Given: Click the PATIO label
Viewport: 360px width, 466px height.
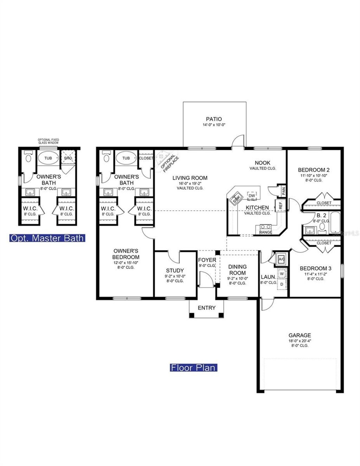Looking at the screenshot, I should point(214,119).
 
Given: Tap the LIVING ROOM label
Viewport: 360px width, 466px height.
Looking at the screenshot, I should point(190,178).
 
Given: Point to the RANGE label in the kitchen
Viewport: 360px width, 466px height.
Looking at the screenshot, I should point(265,232).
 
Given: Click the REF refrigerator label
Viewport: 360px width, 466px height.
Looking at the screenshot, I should point(281,206).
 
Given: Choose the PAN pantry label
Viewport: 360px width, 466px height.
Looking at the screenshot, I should point(283,190).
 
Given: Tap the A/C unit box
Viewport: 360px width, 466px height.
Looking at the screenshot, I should point(282,259).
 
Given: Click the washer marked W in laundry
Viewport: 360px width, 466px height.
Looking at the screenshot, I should point(282,273).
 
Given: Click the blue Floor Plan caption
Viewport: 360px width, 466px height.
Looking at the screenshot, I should point(193,368).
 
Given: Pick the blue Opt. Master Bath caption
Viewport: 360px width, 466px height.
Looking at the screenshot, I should point(47,238).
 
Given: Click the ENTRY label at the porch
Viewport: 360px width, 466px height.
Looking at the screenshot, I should point(206,308).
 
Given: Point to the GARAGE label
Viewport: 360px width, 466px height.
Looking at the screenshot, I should point(300,335).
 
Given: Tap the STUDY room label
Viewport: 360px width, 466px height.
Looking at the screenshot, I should point(175,270).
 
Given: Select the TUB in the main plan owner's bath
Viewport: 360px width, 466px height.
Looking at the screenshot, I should point(126,158).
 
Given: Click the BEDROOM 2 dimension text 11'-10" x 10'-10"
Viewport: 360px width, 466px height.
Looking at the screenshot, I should point(314,175).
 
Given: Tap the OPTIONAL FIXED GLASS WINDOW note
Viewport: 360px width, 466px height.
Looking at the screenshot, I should point(49,141).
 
